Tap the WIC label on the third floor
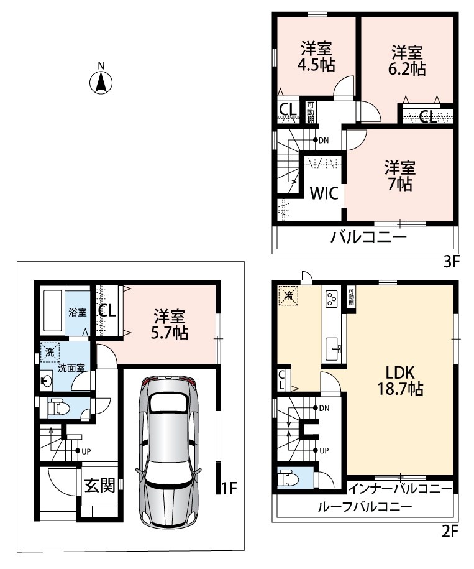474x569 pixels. point(324,193)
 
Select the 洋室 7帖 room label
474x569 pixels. point(399,176)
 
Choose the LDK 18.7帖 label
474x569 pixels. point(400,381)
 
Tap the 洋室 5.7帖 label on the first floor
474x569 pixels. point(169,324)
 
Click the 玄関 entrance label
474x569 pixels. point(99,485)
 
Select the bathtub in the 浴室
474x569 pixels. point(52,311)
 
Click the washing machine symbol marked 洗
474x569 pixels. point(50,352)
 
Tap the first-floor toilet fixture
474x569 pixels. point(58,408)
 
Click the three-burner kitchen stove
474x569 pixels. point(332,299)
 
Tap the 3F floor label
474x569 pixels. point(451,261)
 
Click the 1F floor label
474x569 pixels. point(229,488)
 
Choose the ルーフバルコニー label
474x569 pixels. point(365,507)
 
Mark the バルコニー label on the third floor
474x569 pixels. point(368,238)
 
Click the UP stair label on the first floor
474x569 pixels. point(86,451)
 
